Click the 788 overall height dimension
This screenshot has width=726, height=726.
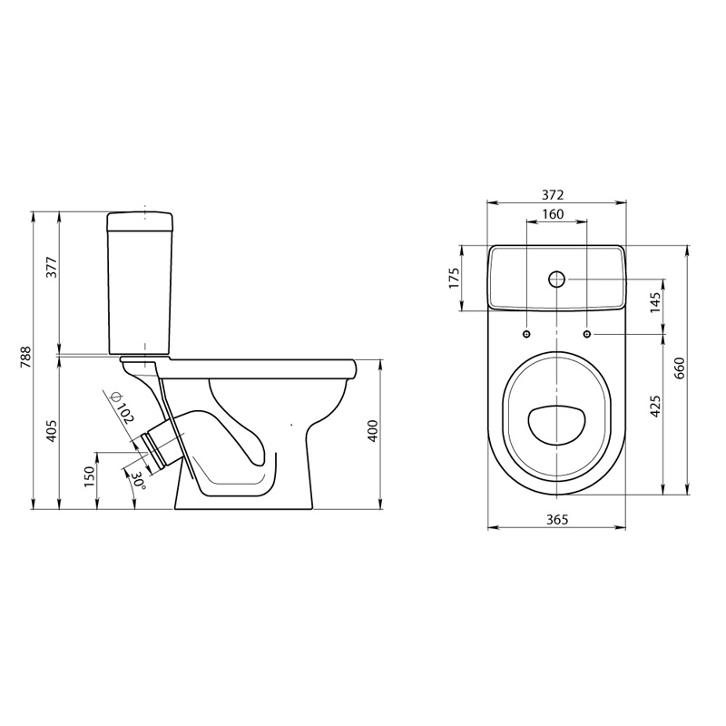[26, 357]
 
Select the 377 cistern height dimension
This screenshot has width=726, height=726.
[53, 267]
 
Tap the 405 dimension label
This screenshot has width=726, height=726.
[52, 430]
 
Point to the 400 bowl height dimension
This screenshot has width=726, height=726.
[373, 430]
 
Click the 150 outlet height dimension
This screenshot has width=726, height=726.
[89, 476]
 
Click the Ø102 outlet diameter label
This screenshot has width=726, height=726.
[122, 407]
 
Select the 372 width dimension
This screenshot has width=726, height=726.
[554, 195]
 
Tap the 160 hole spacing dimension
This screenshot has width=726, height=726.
[554, 214]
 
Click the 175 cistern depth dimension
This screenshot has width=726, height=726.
[454, 278]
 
